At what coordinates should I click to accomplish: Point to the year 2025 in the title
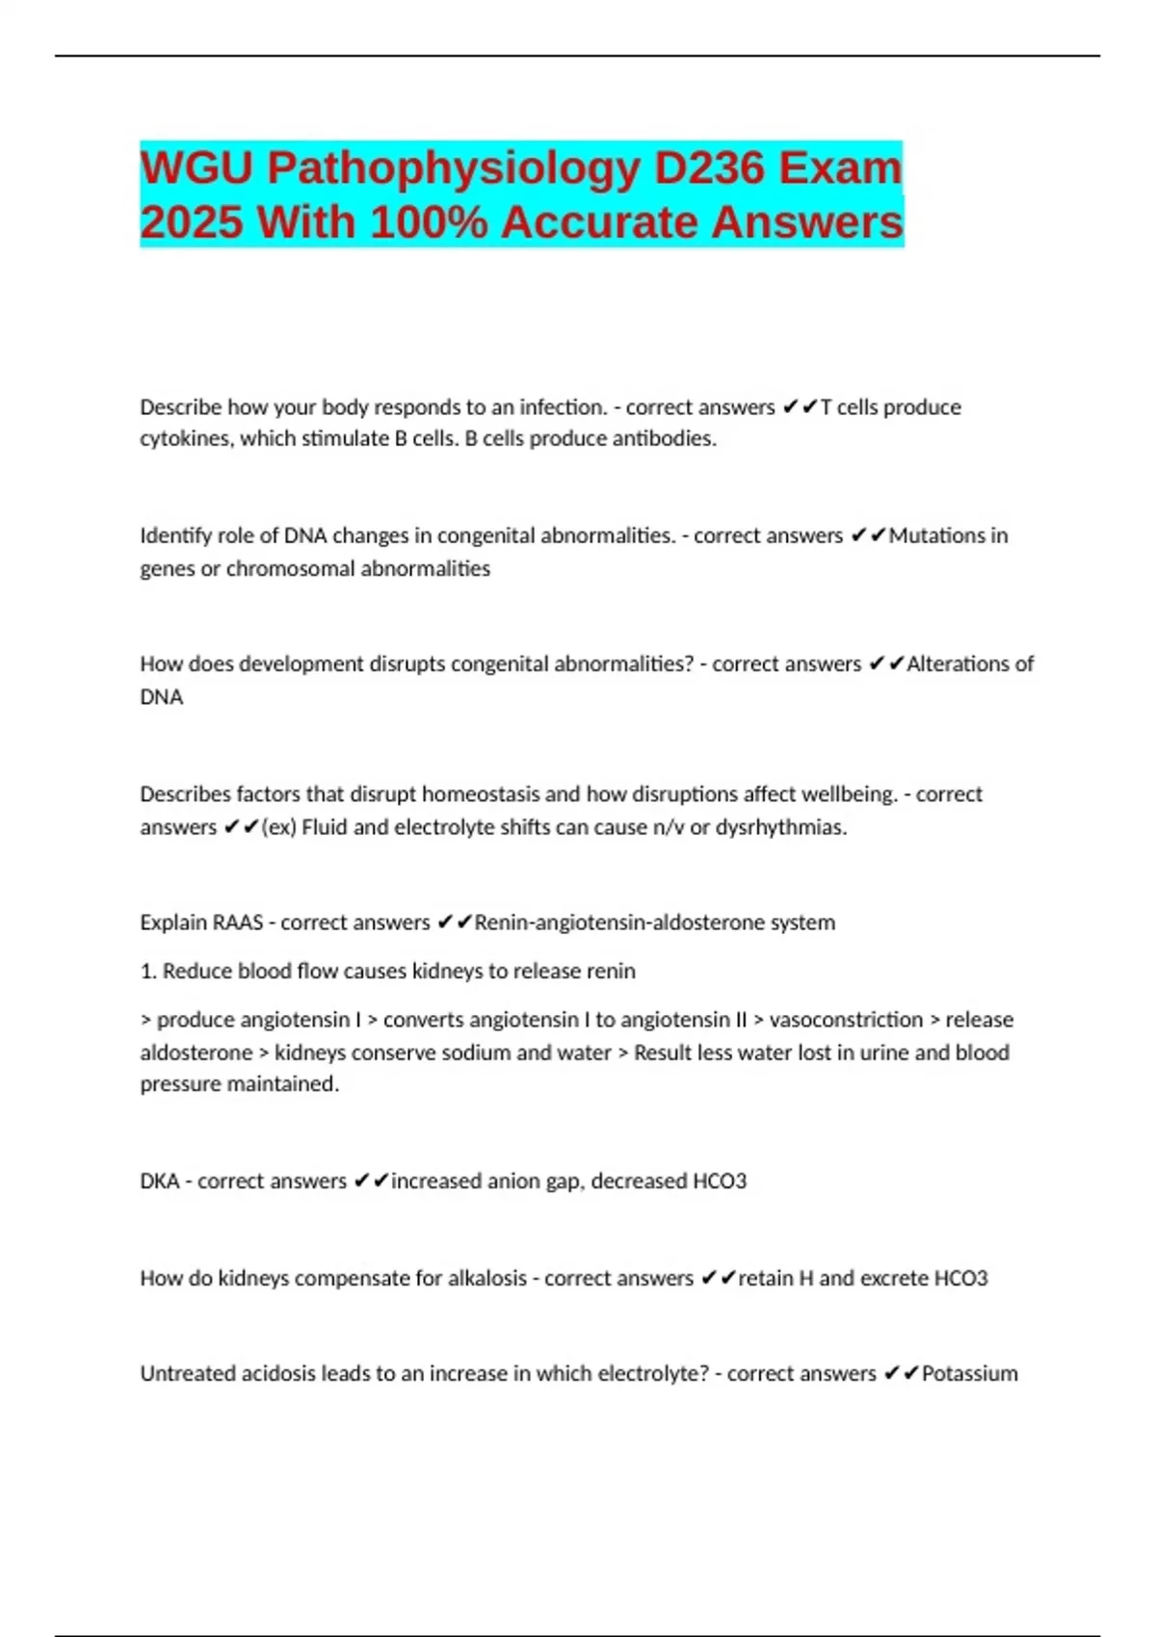(192, 222)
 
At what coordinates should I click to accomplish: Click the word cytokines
(185, 439)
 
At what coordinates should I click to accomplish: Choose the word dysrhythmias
(780, 827)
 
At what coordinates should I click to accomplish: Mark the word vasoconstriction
(846, 1020)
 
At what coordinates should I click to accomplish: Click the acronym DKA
(160, 1182)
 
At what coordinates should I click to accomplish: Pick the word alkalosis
(483, 1279)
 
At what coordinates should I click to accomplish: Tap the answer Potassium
(969, 1374)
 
